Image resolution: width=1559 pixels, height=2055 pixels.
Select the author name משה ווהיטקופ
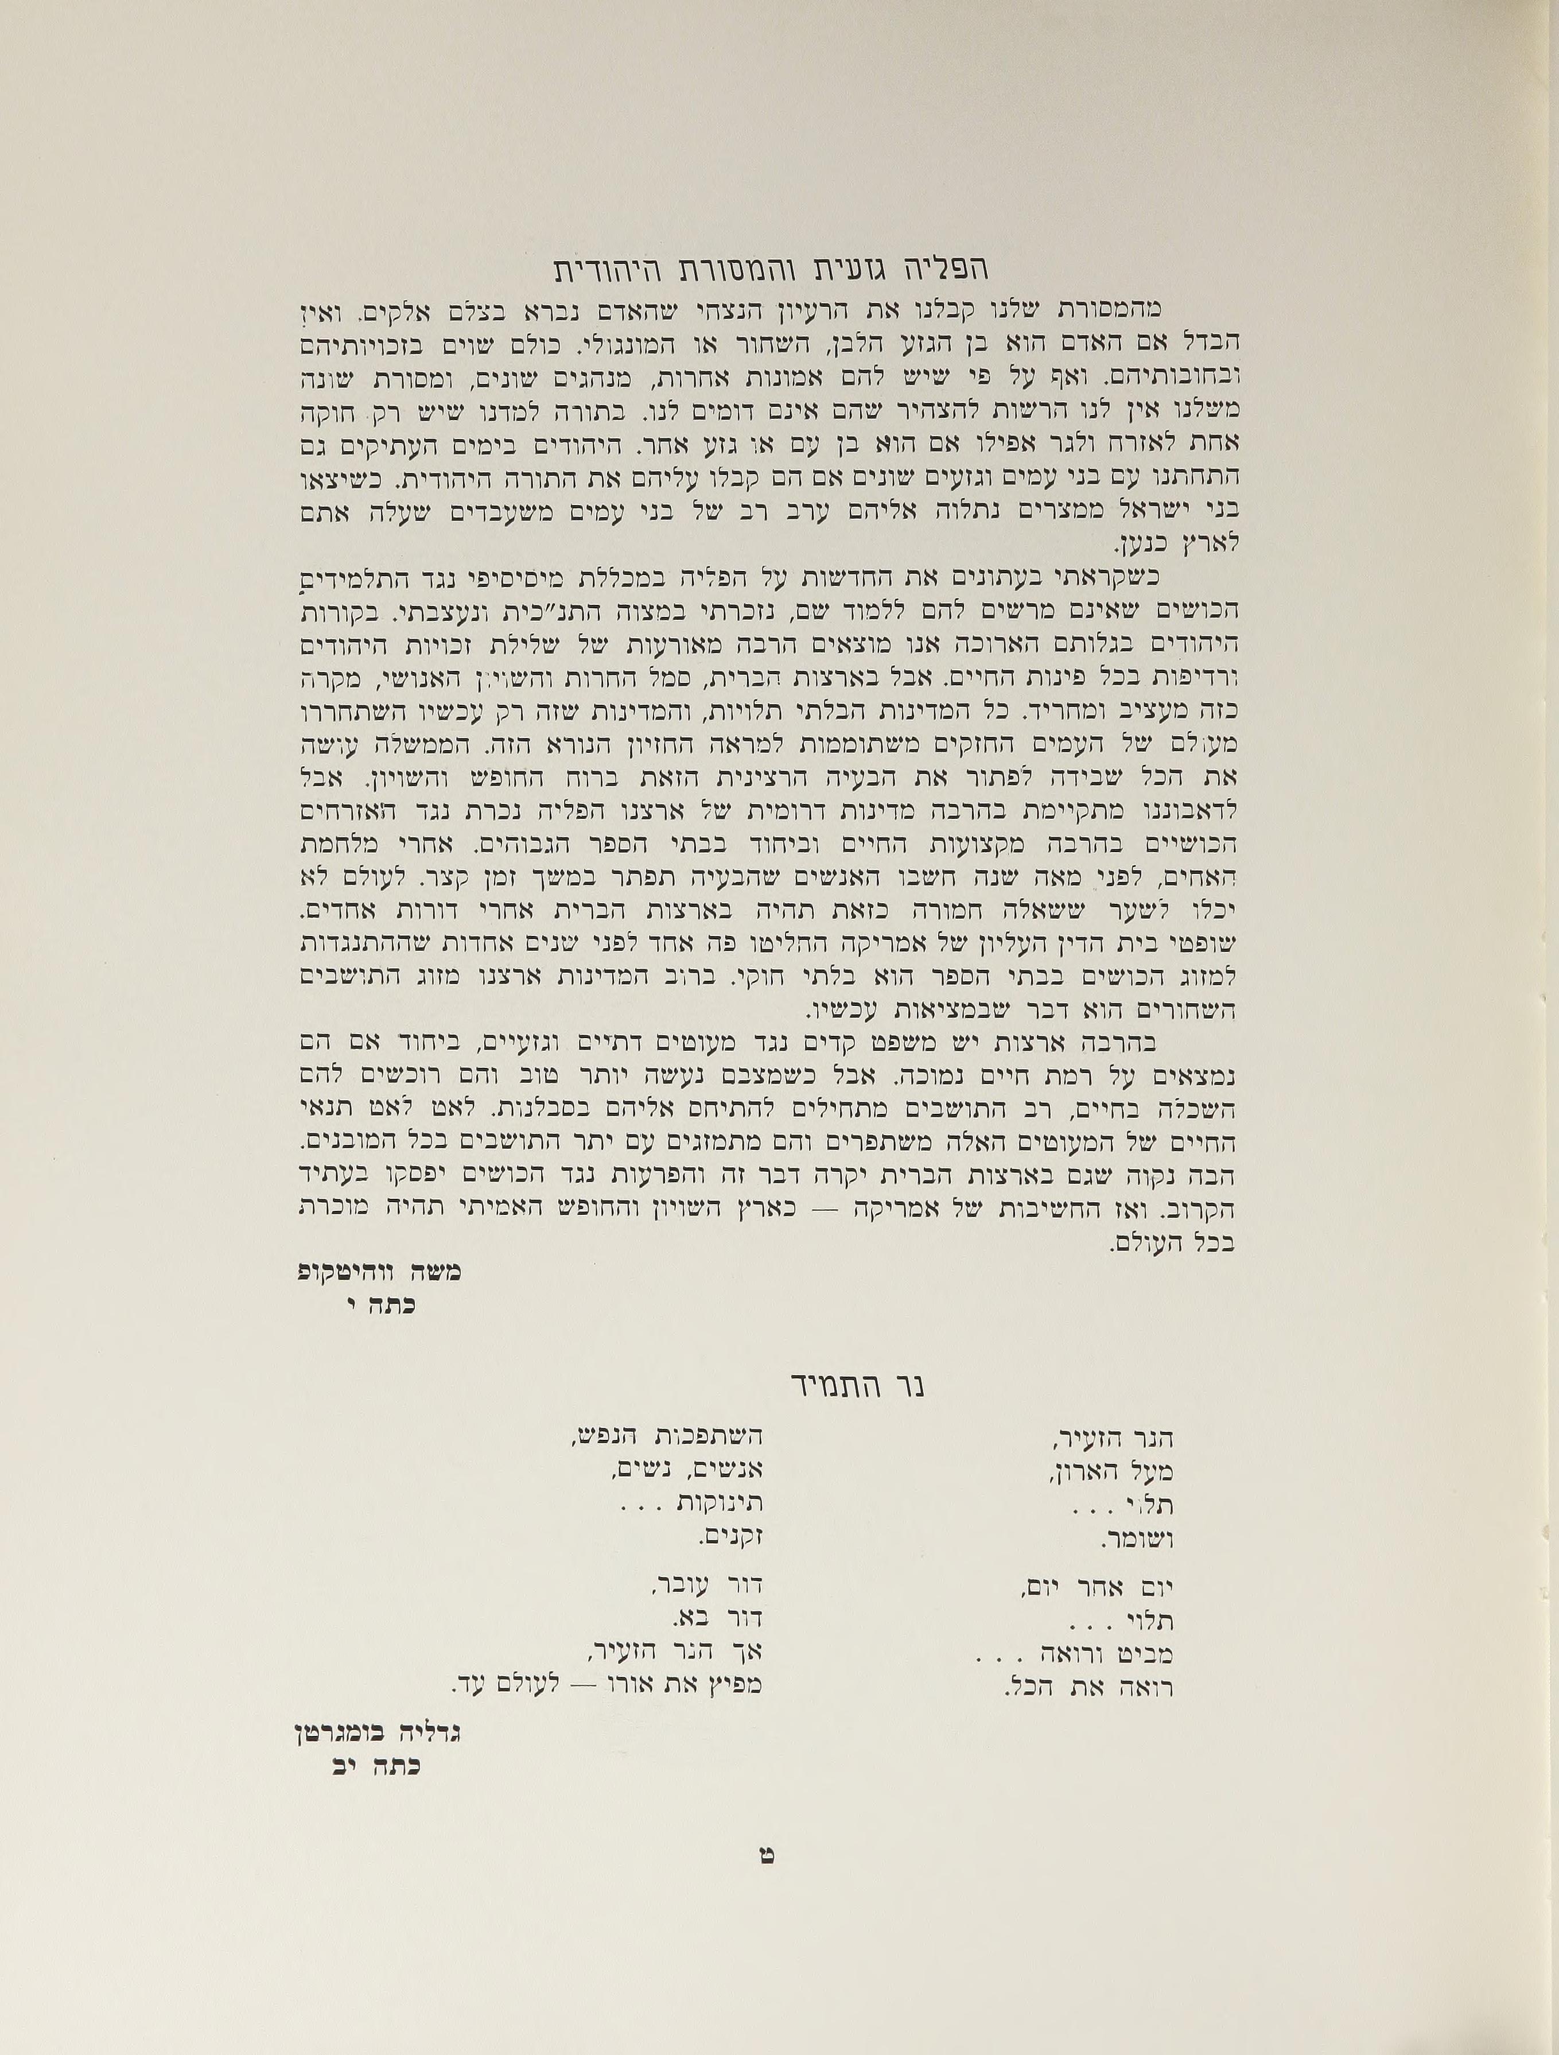coord(379,1272)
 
